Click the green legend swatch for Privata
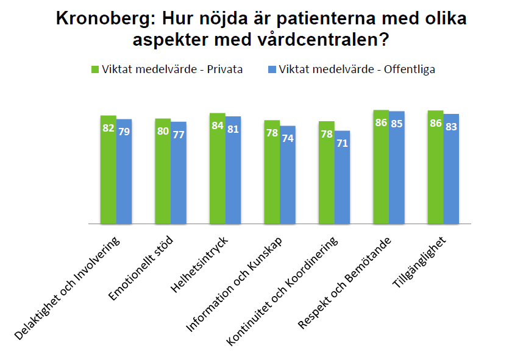click(x=94, y=69)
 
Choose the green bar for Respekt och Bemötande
click(x=381, y=171)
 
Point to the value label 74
click(x=288, y=138)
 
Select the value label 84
click(x=218, y=126)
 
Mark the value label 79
click(x=124, y=131)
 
